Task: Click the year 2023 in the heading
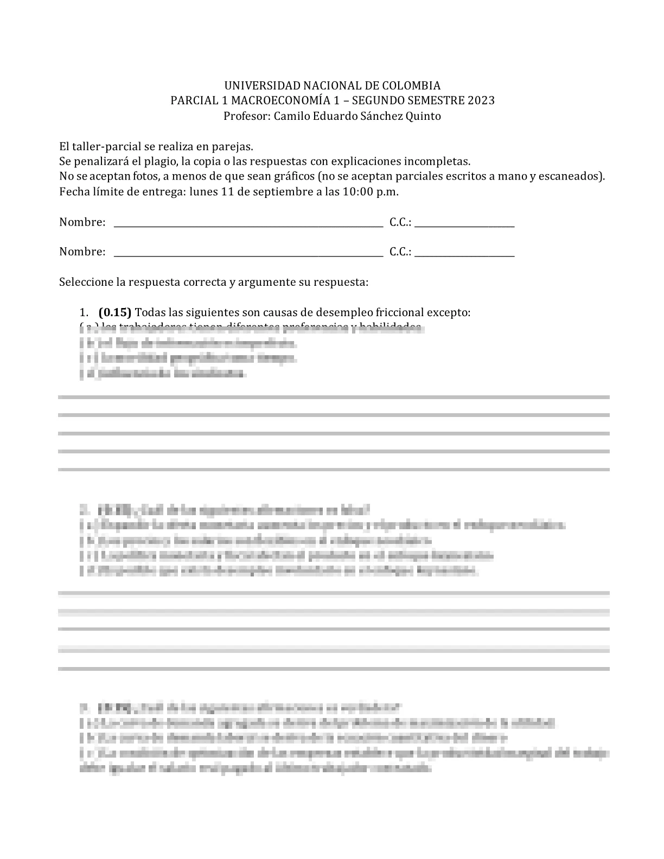coord(481,101)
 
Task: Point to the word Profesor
coord(246,116)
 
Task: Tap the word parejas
coord(234,146)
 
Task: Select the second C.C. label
coord(400,252)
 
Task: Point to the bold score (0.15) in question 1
coord(115,313)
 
